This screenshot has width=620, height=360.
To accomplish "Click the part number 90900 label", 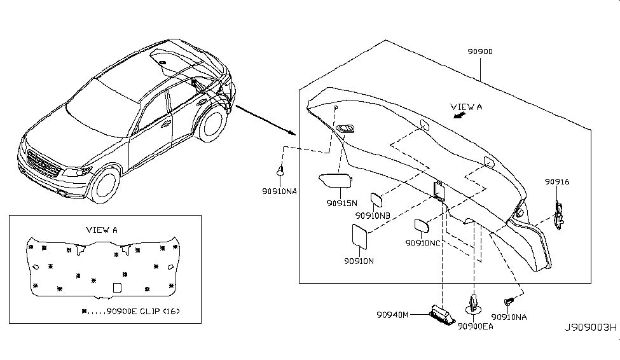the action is click(x=480, y=52).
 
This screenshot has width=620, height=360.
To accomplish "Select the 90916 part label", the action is click(x=557, y=181).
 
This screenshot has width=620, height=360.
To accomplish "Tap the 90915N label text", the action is click(x=341, y=203).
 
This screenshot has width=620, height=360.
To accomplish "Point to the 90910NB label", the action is click(x=373, y=216).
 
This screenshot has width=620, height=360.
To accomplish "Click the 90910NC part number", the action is click(x=423, y=243).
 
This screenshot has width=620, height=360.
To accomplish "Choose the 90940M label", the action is click(x=392, y=315).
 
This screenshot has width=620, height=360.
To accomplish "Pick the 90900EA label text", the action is click(x=475, y=326).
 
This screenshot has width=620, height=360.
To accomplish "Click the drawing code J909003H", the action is click(x=590, y=328).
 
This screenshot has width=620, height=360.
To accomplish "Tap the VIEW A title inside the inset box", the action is click(x=102, y=230).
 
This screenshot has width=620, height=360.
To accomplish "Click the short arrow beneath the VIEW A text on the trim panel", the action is click(x=459, y=115).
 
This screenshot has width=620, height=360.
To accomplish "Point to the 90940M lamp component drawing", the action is click(x=443, y=314).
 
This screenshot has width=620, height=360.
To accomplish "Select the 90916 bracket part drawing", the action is click(x=559, y=216).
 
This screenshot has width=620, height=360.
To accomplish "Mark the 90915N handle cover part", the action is click(x=335, y=181).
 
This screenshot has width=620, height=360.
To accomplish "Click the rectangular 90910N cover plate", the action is click(x=359, y=237).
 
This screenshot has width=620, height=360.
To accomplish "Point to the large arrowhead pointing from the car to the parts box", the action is click(x=292, y=132).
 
